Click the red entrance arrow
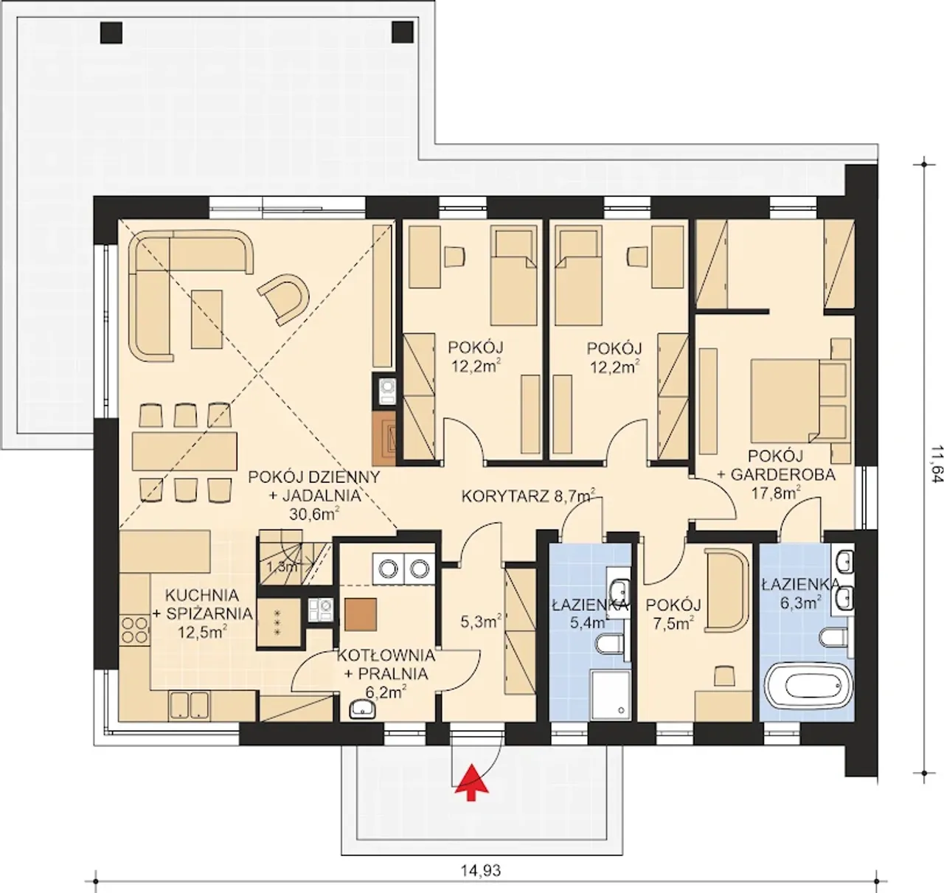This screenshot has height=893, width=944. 472,783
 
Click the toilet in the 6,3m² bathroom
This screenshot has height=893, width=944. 835,638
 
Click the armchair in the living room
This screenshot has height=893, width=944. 284,298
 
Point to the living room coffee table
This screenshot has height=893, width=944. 206,319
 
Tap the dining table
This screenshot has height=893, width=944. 184,451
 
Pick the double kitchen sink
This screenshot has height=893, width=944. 188,704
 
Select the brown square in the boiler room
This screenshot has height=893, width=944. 360,614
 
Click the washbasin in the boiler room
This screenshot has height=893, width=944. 363,708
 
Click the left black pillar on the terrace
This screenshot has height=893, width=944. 111,32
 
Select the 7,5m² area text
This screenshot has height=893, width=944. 673,622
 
